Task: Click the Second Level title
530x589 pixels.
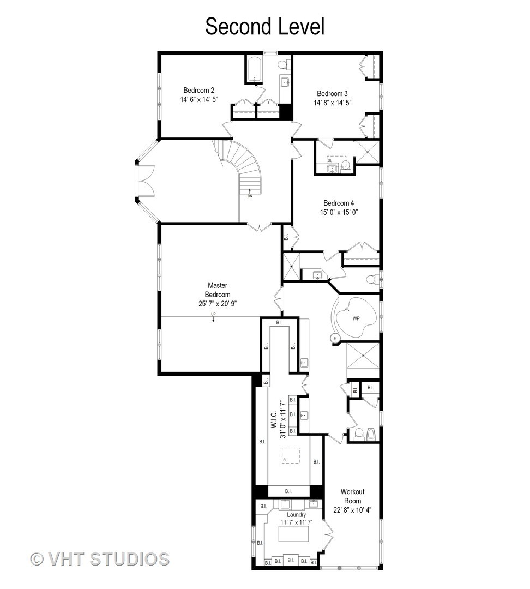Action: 264,26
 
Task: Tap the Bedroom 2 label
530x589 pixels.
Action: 198,90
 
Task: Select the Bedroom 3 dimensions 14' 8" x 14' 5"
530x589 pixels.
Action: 332,103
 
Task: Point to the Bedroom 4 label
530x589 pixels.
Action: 339,203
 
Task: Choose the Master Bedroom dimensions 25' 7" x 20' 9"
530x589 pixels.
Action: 218,304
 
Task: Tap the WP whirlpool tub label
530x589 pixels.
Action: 356,318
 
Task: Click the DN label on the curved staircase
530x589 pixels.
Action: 250,196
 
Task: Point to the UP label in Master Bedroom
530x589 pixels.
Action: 213,315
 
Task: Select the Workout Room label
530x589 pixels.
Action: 352,496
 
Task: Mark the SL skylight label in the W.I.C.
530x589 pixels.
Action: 285,460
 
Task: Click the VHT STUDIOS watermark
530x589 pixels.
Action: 100,559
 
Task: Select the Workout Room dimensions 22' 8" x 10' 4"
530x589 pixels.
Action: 352,510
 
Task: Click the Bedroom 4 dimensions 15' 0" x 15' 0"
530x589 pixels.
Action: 339,213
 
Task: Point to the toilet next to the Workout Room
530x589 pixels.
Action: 359,434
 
